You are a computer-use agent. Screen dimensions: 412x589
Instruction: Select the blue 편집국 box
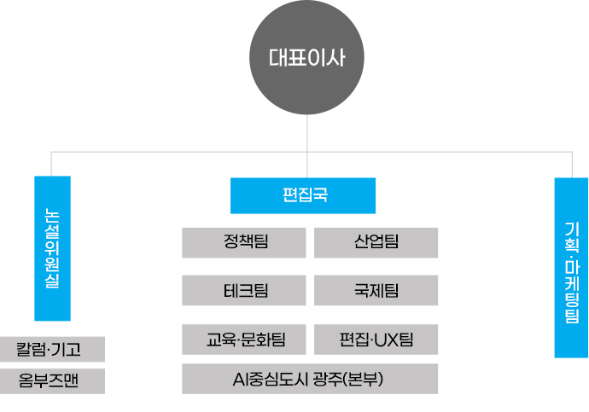[303, 195]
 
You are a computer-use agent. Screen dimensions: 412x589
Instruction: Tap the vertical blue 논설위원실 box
[52, 247]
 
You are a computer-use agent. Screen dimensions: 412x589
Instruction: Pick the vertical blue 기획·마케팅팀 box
[571, 267]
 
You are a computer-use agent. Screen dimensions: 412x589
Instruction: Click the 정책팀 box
[244, 242]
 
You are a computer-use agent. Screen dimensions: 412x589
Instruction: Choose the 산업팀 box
[376, 242]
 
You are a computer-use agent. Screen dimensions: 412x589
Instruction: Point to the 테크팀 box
[244, 291]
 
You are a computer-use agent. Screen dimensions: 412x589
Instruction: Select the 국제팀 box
[376, 291]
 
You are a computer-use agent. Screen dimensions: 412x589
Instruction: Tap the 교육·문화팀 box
[244, 339]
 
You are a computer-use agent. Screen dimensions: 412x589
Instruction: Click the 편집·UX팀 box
[376, 339]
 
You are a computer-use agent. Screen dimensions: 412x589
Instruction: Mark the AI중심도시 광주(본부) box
[310, 379]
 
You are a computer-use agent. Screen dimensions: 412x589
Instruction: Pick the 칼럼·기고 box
[53, 349]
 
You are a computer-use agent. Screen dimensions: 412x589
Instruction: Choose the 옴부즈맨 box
[53, 381]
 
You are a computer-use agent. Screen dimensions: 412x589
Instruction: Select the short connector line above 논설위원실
[51, 164]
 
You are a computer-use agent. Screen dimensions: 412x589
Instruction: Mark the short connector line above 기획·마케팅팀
[571, 165]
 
